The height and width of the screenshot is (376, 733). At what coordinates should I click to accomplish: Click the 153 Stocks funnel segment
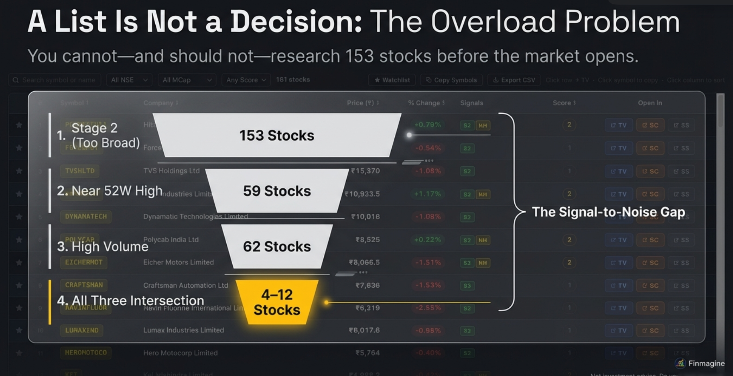point(277,135)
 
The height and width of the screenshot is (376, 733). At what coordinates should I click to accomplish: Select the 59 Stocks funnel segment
point(277,191)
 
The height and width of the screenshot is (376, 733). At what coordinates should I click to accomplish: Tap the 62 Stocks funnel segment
point(277,246)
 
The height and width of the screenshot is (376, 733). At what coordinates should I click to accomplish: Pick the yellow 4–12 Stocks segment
point(277,302)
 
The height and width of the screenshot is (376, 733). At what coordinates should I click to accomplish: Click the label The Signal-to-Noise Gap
point(608,212)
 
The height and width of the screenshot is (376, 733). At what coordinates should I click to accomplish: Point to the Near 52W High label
point(110,191)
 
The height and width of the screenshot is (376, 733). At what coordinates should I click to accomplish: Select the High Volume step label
point(103,246)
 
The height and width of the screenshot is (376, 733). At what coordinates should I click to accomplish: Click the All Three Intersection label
point(130,300)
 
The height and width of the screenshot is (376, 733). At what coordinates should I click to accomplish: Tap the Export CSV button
point(514,80)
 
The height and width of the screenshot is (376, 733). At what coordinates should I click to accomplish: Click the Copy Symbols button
point(451,80)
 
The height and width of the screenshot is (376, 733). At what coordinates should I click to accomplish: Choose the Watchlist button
point(392,80)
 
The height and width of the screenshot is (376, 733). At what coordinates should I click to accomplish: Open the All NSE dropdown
point(129,80)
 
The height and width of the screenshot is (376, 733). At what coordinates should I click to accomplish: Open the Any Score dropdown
point(246,80)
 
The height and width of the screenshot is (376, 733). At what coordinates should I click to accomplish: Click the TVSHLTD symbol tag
point(80,171)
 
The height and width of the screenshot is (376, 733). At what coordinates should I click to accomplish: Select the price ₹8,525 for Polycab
point(368,240)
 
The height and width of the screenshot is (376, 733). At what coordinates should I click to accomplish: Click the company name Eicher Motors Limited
point(179,262)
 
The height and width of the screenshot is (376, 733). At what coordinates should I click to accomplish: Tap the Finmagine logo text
point(706,363)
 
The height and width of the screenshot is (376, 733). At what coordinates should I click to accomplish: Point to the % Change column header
point(426,103)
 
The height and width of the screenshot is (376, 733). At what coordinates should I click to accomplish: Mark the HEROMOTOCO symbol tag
point(86,353)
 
